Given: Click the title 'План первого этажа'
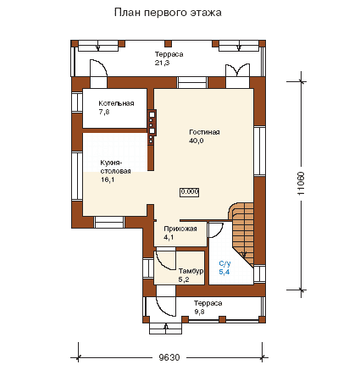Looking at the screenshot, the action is [168, 13].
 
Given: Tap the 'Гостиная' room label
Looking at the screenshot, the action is [204, 132].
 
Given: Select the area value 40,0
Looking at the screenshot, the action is [197, 141].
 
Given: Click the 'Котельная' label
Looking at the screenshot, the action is [116, 103].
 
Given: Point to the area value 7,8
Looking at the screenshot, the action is [104, 112].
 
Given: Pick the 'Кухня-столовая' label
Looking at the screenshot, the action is [115, 167].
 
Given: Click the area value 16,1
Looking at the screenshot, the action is [108, 179].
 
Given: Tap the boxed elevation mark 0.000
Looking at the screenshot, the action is [190, 192].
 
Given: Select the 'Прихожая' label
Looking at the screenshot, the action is [180, 229].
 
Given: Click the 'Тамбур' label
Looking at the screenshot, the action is [191, 271].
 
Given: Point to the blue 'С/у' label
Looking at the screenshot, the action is [224, 263].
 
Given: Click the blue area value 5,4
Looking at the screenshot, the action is [224, 272].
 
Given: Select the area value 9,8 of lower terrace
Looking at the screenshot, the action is [199, 312].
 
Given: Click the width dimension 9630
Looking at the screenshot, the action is [169, 357].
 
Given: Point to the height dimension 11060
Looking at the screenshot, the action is [301, 184].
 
